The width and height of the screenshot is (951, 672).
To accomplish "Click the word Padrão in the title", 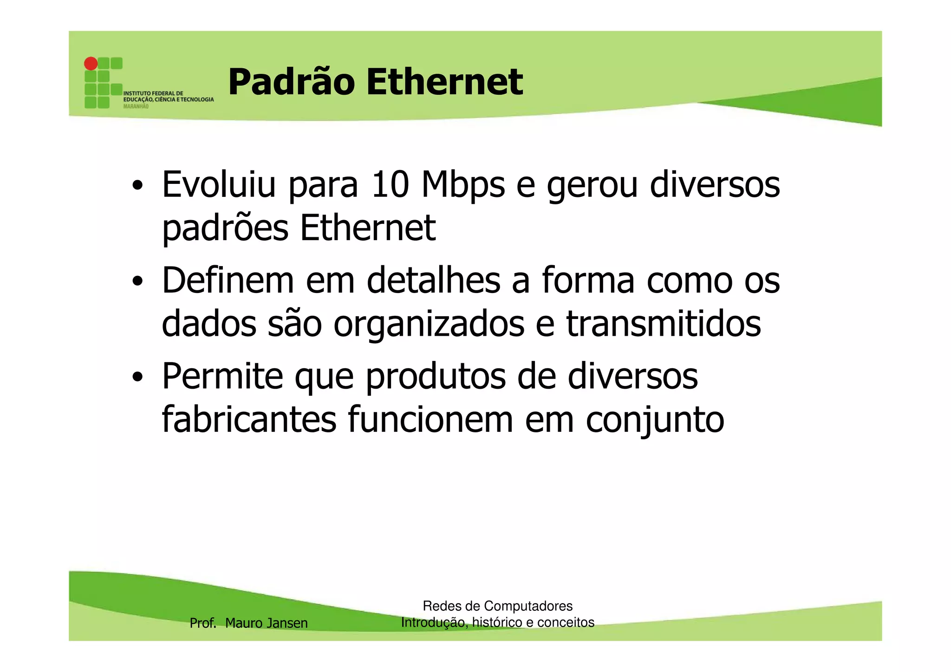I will click(291, 82).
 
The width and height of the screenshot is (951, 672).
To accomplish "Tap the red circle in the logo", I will click(91, 64).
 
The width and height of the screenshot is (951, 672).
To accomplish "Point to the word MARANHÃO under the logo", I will click(136, 106).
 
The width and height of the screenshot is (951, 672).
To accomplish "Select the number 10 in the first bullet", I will click(390, 185).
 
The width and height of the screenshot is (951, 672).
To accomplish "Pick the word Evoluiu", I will click(219, 184).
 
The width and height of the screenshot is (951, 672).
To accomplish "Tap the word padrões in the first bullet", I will click(225, 228).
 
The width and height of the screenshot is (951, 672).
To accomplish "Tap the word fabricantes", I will click(249, 419).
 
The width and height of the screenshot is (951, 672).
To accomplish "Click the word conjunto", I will click(655, 420).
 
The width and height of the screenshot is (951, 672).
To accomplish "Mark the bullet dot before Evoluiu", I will click(137, 186).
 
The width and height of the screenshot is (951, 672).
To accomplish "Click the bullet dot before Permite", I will click(137, 377).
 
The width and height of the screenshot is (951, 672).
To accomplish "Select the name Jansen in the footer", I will click(288, 623).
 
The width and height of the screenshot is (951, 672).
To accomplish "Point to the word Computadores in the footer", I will click(528, 606).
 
